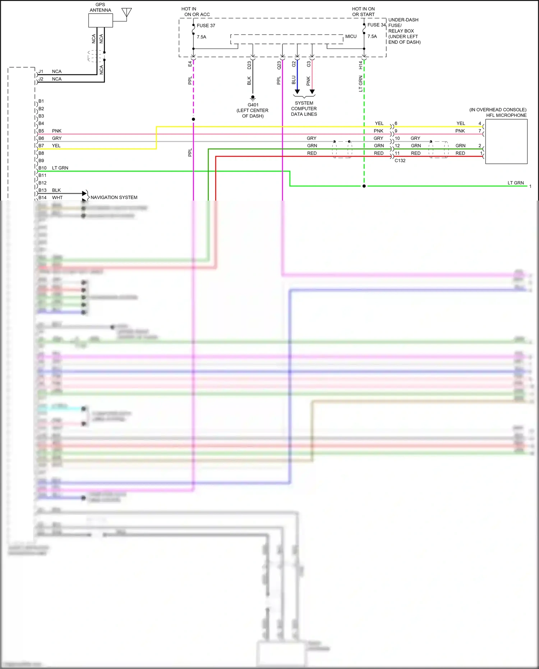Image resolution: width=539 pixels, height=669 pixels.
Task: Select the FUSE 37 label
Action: pyautogui.click(x=206, y=26)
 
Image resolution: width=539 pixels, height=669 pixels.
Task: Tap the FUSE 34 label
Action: pyautogui.click(x=376, y=25)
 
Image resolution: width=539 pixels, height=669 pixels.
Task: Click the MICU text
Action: pyautogui.click(x=351, y=36)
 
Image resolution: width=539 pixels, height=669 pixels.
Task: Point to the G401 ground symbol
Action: pyautogui.click(x=253, y=98)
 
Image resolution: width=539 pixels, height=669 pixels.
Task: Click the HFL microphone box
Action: pyautogui.click(x=506, y=141)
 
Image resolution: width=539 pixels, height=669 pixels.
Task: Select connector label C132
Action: pyautogui.click(x=400, y=161)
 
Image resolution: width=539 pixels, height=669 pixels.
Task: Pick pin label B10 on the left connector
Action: pyautogui.click(x=42, y=168)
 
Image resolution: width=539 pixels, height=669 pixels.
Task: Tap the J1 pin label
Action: pyautogui.click(x=41, y=72)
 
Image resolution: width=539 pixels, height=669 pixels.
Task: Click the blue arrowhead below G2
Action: pyautogui.click(x=297, y=92)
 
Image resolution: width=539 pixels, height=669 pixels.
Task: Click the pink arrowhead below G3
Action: pyautogui.click(x=312, y=92)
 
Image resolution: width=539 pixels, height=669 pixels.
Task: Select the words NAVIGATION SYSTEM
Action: pyautogui.click(x=114, y=197)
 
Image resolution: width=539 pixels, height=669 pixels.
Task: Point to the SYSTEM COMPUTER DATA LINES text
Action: pyautogui.click(x=304, y=109)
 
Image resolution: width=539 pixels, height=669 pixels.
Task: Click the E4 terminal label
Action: pyautogui.click(x=190, y=64)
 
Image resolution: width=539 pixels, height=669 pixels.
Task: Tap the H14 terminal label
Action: pyautogui.click(x=360, y=65)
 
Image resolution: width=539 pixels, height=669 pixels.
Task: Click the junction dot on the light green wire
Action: pyautogui.click(x=364, y=186)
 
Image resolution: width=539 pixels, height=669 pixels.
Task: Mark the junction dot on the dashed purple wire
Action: pyautogui.click(x=193, y=119)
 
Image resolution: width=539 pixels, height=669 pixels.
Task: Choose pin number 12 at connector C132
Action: pyautogui.click(x=397, y=146)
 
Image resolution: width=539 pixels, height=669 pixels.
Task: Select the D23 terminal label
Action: pyautogui.click(x=249, y=65)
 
